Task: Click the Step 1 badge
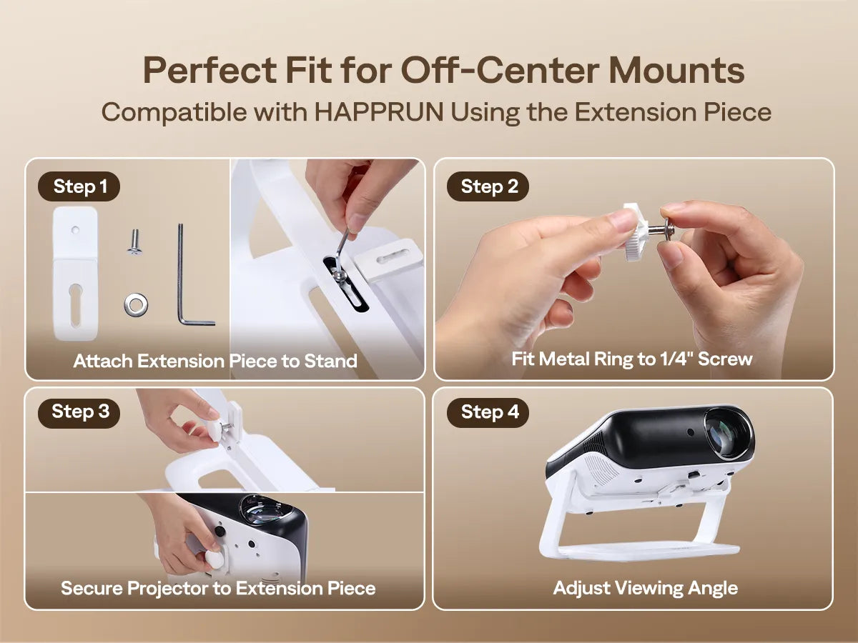tap(79, 186)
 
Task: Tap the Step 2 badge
tap(488, 186)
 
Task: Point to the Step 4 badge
tap(488, 412)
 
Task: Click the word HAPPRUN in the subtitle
tap(379, 112)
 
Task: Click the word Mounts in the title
tap(676, 70)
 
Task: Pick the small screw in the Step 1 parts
tap(134, 242)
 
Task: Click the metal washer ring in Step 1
tap(136, 304)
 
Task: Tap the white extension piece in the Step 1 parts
tap(75, 274)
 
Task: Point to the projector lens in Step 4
tap(726, 434)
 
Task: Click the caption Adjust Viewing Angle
tap(646, 588)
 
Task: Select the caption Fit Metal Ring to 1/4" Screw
tap(631, 359)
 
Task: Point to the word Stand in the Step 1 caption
tap(331, 361)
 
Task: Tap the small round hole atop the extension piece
tap(76, 230)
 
